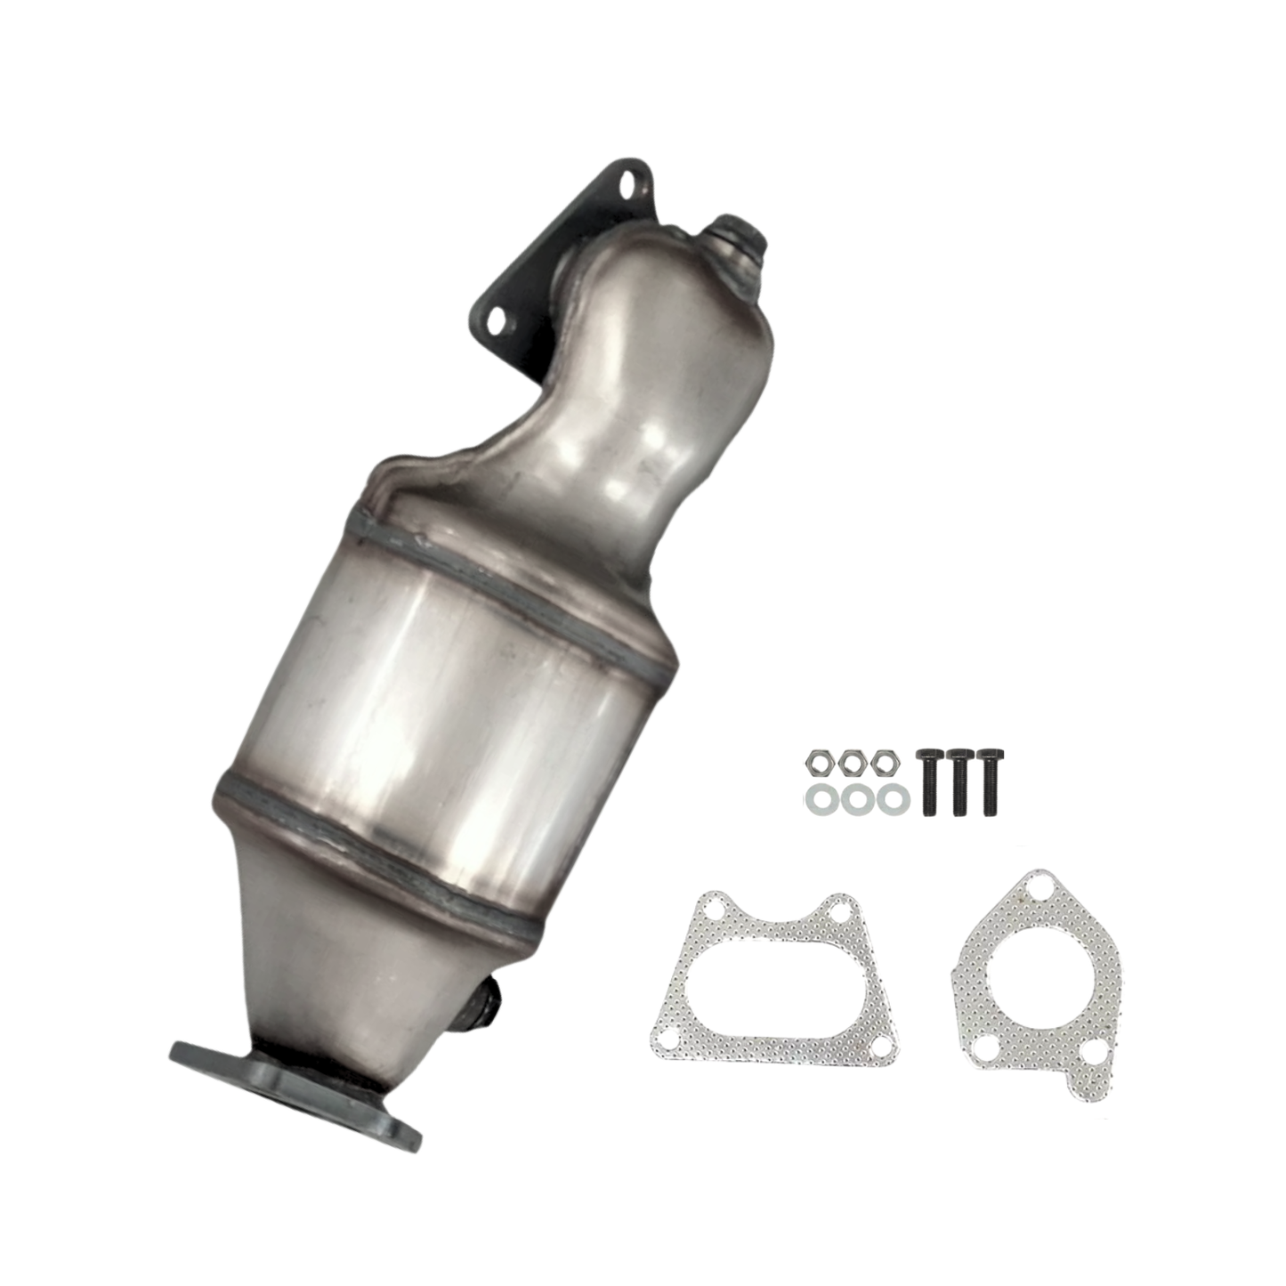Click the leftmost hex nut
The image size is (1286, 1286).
pyautogui.click(x=818, y=763)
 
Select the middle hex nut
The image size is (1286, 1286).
pyautogui.click(x=852, y=763)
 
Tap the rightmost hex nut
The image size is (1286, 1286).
pyautogui.click(x=884, y=763)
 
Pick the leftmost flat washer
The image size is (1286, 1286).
pyautogui.click(x=820, y=799)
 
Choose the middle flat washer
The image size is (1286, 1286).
pyautogui.click(x=855, y=799)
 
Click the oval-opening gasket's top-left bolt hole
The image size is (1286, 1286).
pyautogui.click(x=709, y=911)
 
